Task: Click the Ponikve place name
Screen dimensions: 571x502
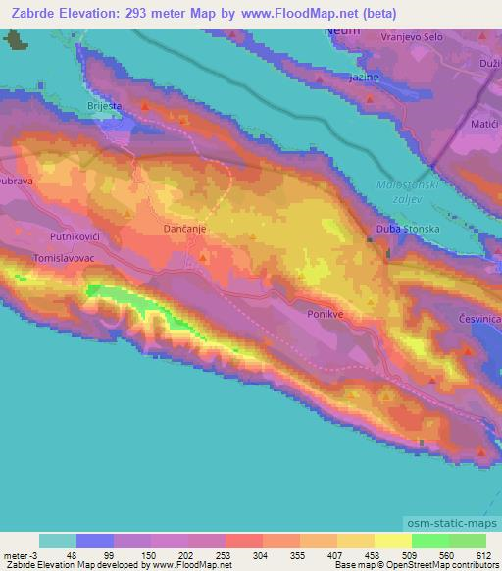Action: [x=326, y=316]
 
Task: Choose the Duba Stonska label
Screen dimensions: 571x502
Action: [x=405, y=230]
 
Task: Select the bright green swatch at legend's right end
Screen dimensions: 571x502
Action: [x=467, y=541]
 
